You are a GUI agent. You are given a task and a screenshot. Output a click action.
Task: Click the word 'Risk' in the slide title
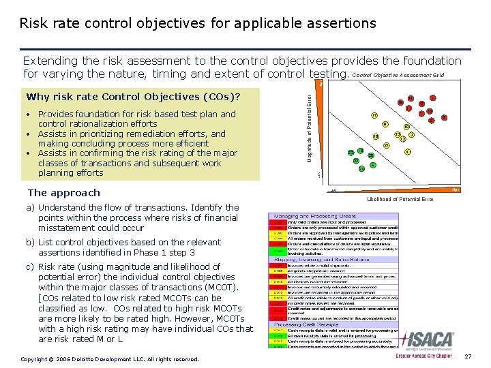[32, 23]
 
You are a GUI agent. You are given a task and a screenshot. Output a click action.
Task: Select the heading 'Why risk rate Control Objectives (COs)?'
[133, 96]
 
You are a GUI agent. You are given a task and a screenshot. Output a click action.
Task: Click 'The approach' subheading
[63, 193]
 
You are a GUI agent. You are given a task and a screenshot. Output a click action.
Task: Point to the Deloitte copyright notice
[110, 358]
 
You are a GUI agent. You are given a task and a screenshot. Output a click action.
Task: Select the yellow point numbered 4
[407, 151]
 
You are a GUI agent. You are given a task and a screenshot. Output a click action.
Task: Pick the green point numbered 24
[361, 168]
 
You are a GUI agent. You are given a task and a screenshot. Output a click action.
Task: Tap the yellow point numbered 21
[387, 145]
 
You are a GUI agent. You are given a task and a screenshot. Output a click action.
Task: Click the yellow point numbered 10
[406, 127]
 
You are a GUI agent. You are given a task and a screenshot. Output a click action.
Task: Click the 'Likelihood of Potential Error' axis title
[400, 199]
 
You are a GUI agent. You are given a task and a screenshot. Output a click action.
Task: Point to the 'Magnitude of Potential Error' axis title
[310, 128]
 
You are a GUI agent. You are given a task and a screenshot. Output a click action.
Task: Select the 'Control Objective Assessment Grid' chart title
[398, 74]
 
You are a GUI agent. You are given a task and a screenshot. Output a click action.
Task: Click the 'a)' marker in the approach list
[31, 207]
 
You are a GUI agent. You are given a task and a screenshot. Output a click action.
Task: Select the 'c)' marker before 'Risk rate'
[31, 267]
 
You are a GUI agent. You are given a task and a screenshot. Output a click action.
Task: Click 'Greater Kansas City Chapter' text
[423, 356]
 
